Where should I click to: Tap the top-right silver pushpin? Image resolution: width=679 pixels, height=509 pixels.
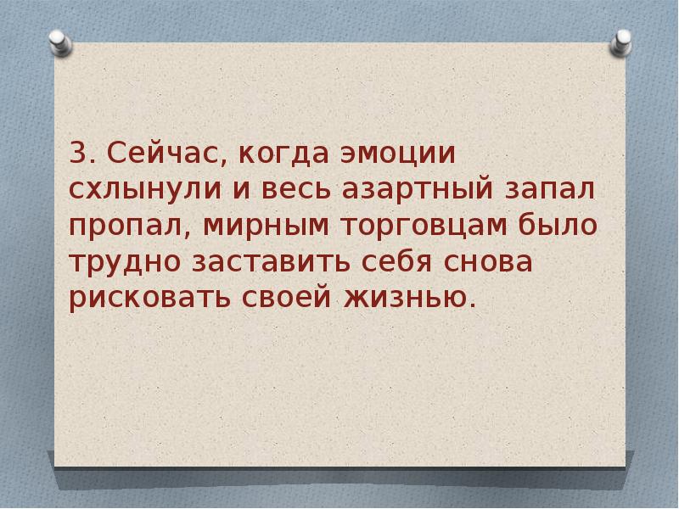(622, 41)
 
